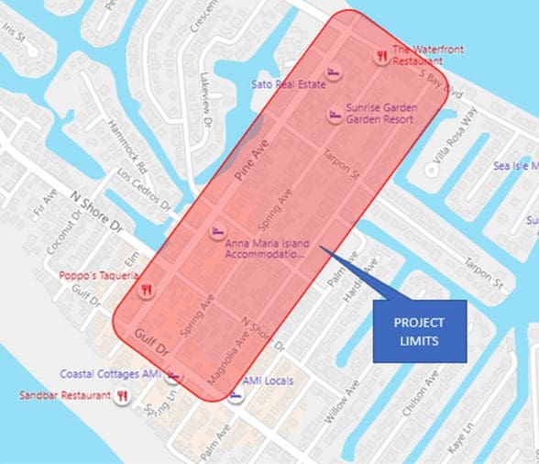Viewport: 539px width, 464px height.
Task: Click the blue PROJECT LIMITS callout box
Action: [419, 330]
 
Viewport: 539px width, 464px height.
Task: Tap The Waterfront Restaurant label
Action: [417, 55]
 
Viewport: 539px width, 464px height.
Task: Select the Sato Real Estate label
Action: [288, 84]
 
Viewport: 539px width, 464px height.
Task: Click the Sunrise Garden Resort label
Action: [379, 113]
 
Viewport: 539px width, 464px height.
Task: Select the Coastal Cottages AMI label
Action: [109, 374]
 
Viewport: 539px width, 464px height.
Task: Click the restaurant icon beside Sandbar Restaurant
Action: [122, 396]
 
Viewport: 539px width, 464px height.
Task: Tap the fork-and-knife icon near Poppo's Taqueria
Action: [145, 290]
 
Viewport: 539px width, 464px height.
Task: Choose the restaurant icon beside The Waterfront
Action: [380, 55]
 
